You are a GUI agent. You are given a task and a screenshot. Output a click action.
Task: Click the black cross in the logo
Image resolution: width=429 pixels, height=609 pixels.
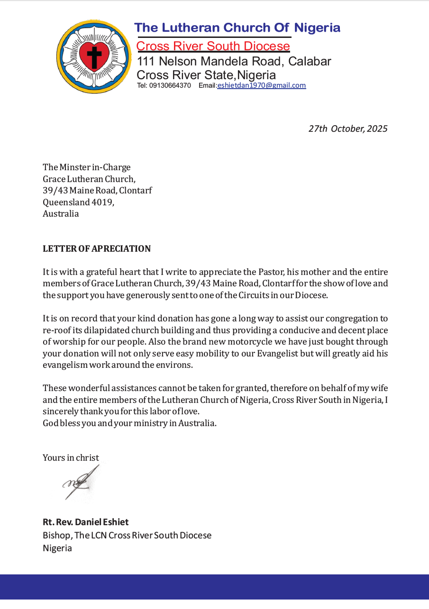pyautogui.click(x=94, y=56)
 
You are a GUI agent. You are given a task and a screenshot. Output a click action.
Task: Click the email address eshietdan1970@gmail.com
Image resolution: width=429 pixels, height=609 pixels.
pyautogui.click(x=261, y=86)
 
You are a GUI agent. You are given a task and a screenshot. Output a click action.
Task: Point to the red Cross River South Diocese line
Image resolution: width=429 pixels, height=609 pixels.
pyautogui.click(x=213, y=46)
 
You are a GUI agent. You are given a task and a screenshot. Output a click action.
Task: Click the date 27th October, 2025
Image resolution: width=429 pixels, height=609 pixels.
pyautogui.click(x=347, y=128)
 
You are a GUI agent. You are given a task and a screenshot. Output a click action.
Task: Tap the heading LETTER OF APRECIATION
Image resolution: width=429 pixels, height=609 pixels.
pyautogui.click(x=97, y=249)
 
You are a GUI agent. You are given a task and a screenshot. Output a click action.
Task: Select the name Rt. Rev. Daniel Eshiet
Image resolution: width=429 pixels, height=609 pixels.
pyautogui.click(x=85, y=522)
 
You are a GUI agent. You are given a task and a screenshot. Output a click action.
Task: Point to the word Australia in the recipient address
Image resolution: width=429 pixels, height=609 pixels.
pyautogui.click(x=61, y=213)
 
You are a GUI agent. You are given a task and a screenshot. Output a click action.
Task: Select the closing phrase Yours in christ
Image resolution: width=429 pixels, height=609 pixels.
pyautogui.click(x=71, y=457)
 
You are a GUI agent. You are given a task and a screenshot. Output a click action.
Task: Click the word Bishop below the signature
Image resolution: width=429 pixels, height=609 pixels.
pyautogui.click(x=56, y=535)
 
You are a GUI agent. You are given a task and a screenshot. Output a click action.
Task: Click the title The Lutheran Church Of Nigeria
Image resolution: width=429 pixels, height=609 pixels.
pyautogui.click(x=237, y=27)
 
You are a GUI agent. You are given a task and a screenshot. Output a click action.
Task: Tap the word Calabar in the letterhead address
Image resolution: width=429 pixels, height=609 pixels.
pyautogui.click(x=310, y=61)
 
